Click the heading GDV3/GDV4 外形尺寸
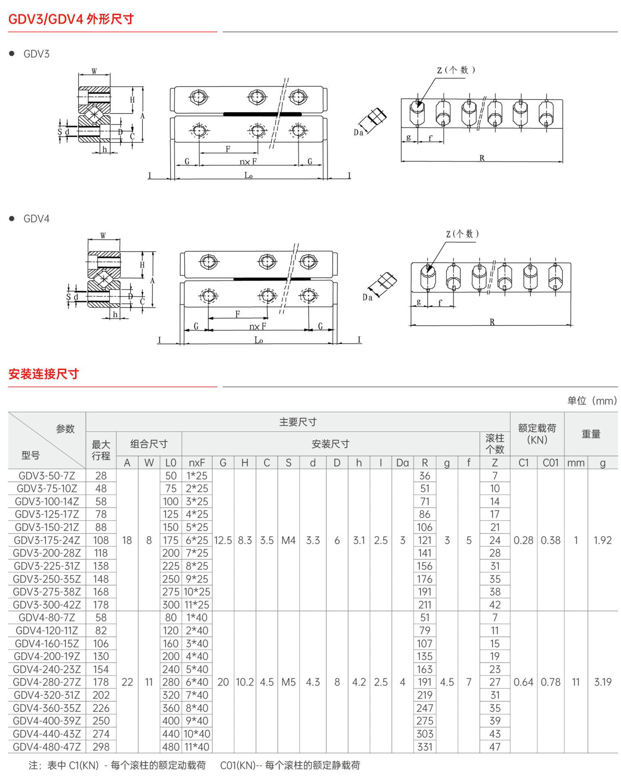(x=71, y=19)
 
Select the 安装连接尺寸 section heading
(x=44, y=374)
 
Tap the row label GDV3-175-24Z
(x=47, y=540)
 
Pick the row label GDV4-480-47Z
(x=47, y=747)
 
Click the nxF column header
(x=197, y=463)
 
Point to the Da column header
(x=402, y=463)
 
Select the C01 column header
(x=550, y=463)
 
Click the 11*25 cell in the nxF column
(x=197, y=605)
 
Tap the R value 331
(x=425, y=747)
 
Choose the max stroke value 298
(x=101, y=747)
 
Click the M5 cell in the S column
(x=289, y=682)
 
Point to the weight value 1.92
(x=603, y=540)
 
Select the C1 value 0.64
(x=523, y=682)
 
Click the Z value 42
(x=495, y=605)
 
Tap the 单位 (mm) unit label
(x=592, y=400)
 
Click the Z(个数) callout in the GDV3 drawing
(x=456, y=70)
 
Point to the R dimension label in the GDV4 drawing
(x=492, y=322)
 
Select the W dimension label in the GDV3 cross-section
(x=94, y=71)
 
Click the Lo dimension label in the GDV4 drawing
(x=258, y=340)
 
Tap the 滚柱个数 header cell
(x=495, y=444)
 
